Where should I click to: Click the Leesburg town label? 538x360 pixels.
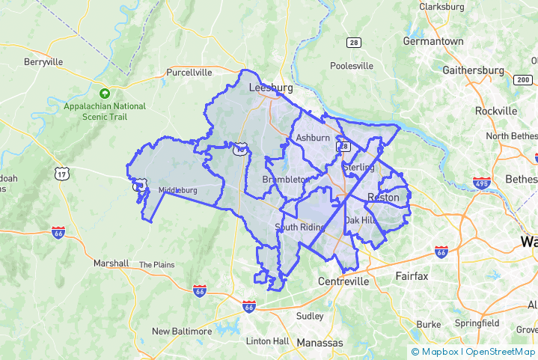[269, 88]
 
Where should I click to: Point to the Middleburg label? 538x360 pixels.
[178, 190]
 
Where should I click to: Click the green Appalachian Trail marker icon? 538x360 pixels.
[105, 94]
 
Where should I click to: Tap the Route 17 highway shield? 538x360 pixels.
[61, 174]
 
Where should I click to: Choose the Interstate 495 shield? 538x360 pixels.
[481, 183]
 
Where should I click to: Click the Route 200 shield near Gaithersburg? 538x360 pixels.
[522, 79]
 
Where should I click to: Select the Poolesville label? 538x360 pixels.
[351, 66]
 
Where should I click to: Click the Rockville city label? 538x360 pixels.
[495, 111]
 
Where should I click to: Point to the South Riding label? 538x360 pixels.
[299, 228]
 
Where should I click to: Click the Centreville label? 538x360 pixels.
[343, 281]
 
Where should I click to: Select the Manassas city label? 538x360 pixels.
[320, 343]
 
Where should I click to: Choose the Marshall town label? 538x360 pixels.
[111, 263]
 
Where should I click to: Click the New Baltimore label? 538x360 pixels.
[182, 331]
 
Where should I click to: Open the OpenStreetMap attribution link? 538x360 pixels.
[499, 351]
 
